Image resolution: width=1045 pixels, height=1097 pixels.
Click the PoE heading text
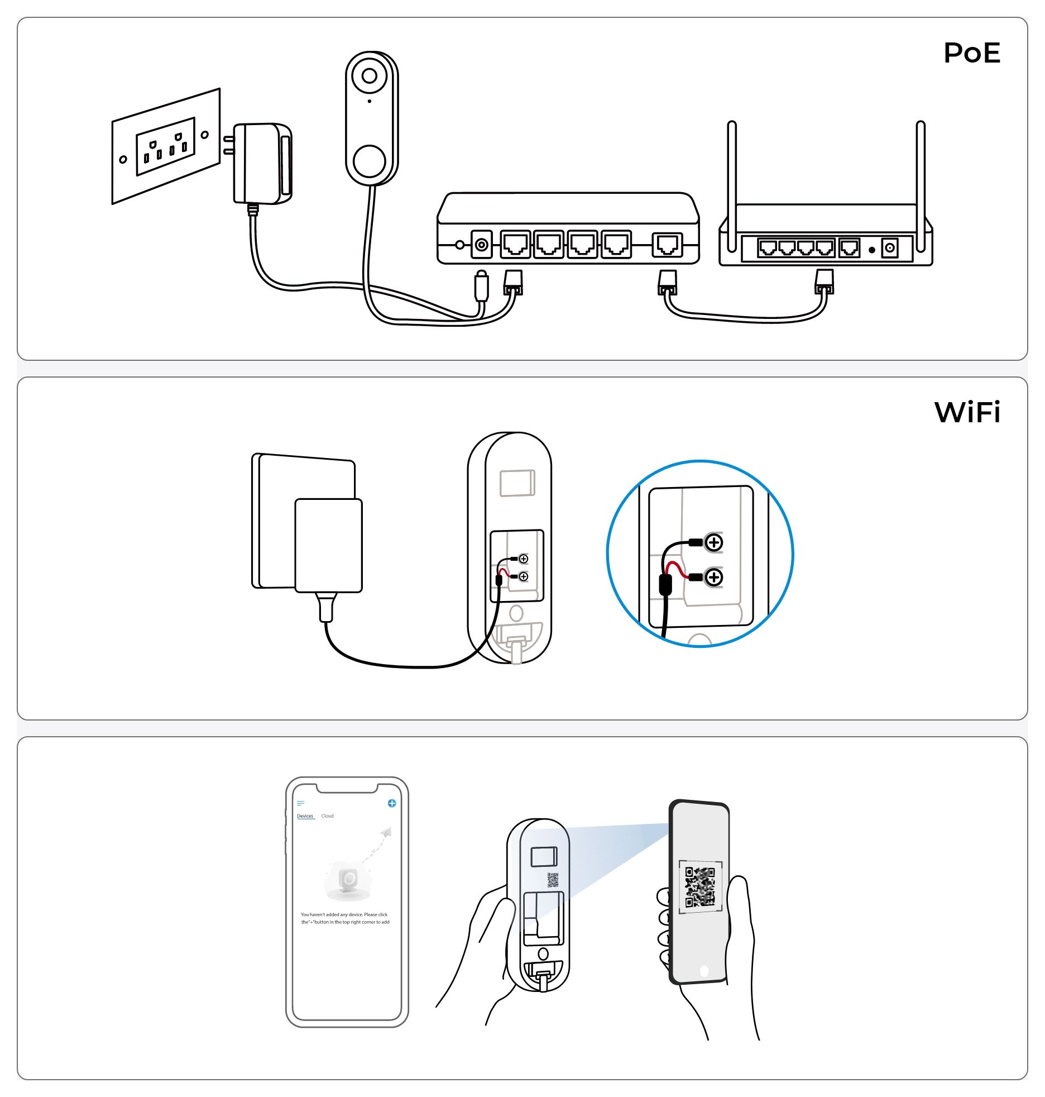[971, 53]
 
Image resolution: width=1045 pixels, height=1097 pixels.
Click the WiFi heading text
[967, 412]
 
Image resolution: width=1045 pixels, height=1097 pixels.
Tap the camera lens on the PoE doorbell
[370, 75]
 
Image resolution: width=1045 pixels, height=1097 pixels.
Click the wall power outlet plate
[166, 146]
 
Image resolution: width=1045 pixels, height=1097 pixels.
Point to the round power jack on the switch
[481, 245]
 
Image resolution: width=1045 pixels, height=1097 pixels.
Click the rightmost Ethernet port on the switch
[667, 245]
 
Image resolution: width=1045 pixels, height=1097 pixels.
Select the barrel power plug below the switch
[481, 285]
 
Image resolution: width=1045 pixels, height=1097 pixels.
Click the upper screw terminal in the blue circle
[713, 542]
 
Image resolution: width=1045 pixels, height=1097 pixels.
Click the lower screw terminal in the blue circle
[713, 577]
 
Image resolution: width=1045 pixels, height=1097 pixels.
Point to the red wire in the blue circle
[677, 569]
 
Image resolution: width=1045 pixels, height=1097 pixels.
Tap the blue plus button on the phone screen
[392, 803]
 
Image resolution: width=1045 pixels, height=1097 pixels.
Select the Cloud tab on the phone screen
[328, 816]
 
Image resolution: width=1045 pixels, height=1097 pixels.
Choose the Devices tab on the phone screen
[305, 816]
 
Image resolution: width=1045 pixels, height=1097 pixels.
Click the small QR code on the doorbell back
[553, 880]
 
